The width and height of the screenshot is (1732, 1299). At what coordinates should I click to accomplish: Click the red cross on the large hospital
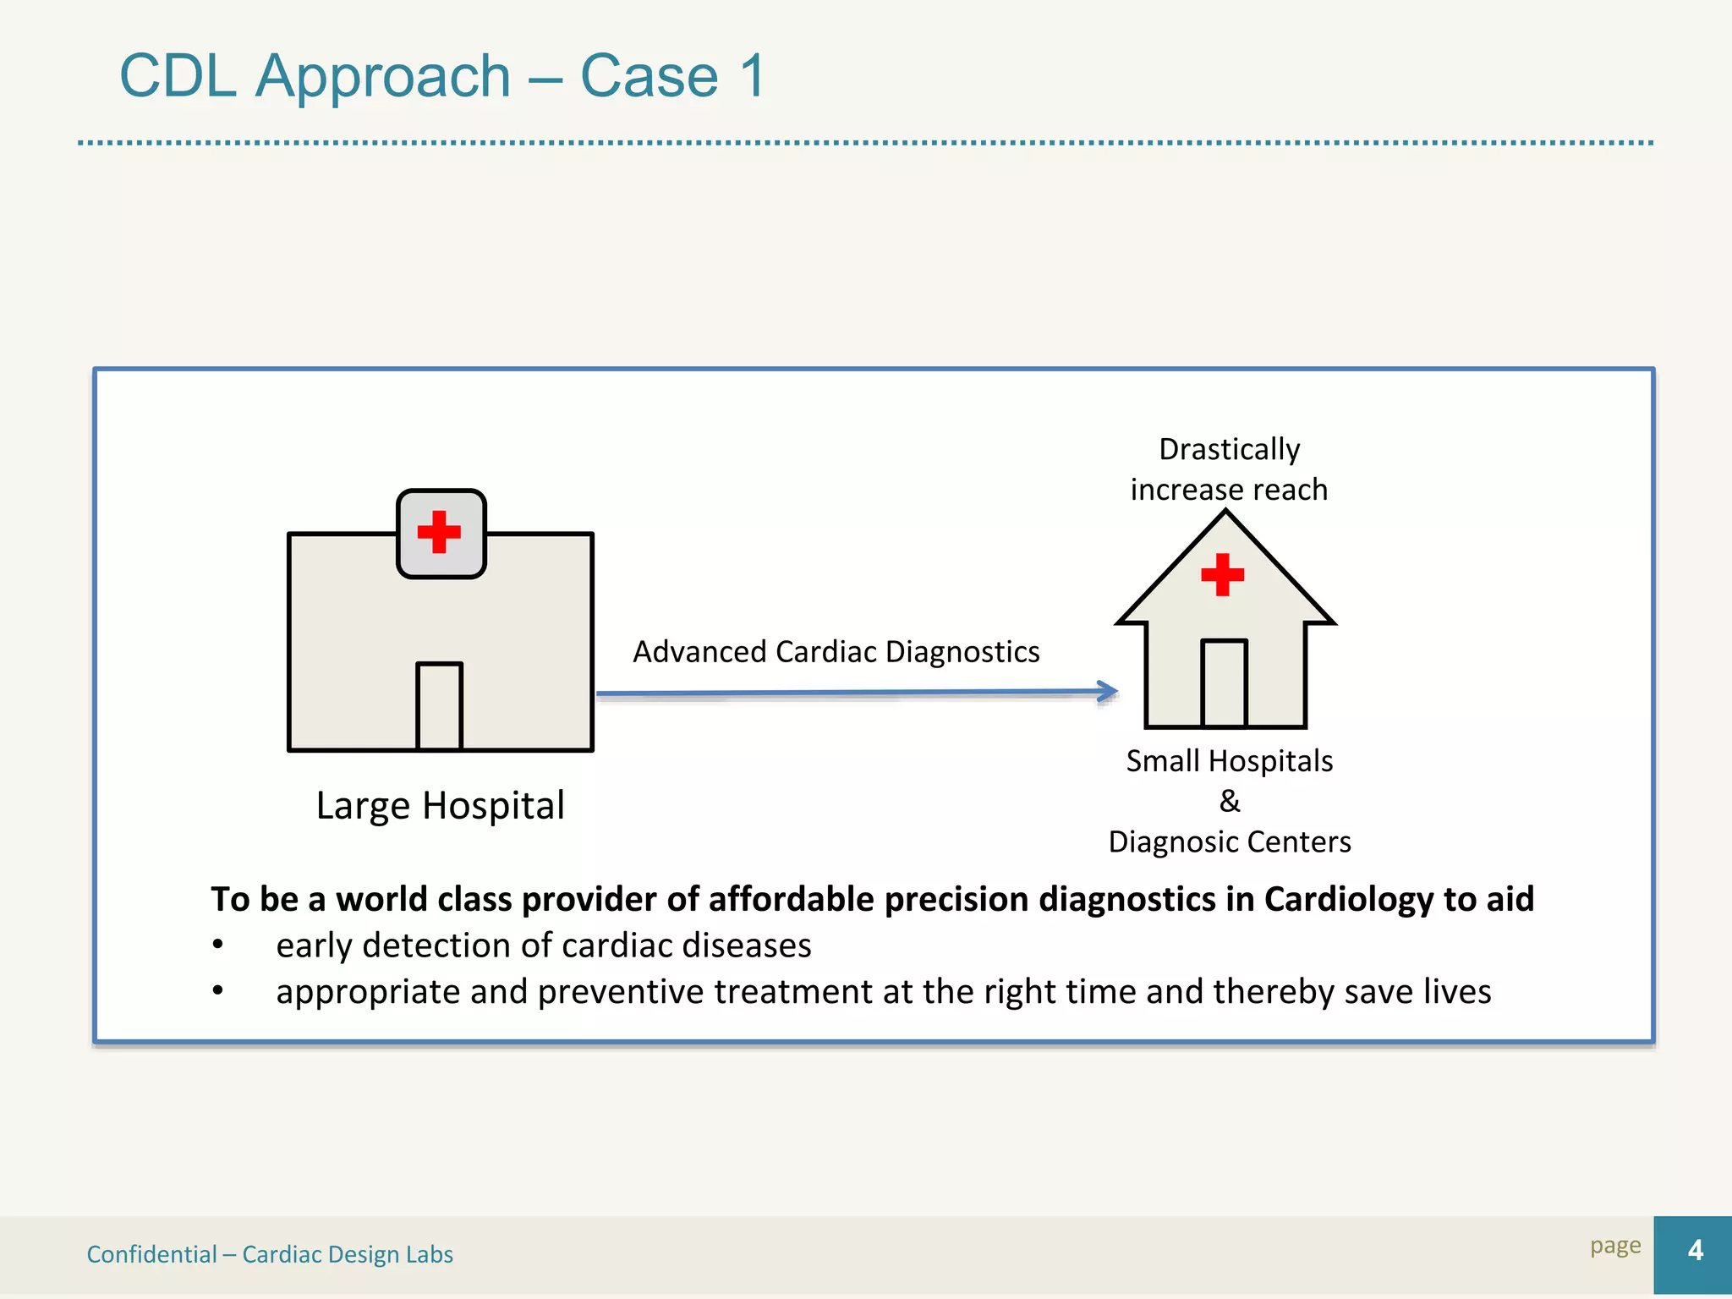439,532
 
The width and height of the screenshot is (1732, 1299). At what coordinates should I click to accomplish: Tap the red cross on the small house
1222,575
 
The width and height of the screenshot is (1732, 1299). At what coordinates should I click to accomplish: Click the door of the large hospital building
439,706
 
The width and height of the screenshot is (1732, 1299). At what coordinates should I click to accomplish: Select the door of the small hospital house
1224,682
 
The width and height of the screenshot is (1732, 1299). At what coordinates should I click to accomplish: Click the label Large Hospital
440,805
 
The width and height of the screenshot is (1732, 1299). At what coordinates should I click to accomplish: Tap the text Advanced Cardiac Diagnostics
836,652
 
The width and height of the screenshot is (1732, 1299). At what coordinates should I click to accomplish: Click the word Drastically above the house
1229,449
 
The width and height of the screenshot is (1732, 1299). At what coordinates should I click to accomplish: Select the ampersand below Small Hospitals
1230,801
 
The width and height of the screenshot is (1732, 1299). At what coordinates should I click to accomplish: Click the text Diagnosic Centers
1229,842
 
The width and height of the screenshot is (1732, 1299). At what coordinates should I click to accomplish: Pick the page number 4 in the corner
1695,1250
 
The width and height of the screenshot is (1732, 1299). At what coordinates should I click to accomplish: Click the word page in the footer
1614,1246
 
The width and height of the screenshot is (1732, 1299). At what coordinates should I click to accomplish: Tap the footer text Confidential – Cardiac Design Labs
270,1254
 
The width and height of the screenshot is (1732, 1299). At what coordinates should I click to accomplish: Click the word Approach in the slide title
383,76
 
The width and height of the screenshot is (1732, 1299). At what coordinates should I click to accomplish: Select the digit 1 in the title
751,76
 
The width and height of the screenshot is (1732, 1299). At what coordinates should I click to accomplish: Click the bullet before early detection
218,945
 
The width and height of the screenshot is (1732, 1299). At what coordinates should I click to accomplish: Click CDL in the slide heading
178,76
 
